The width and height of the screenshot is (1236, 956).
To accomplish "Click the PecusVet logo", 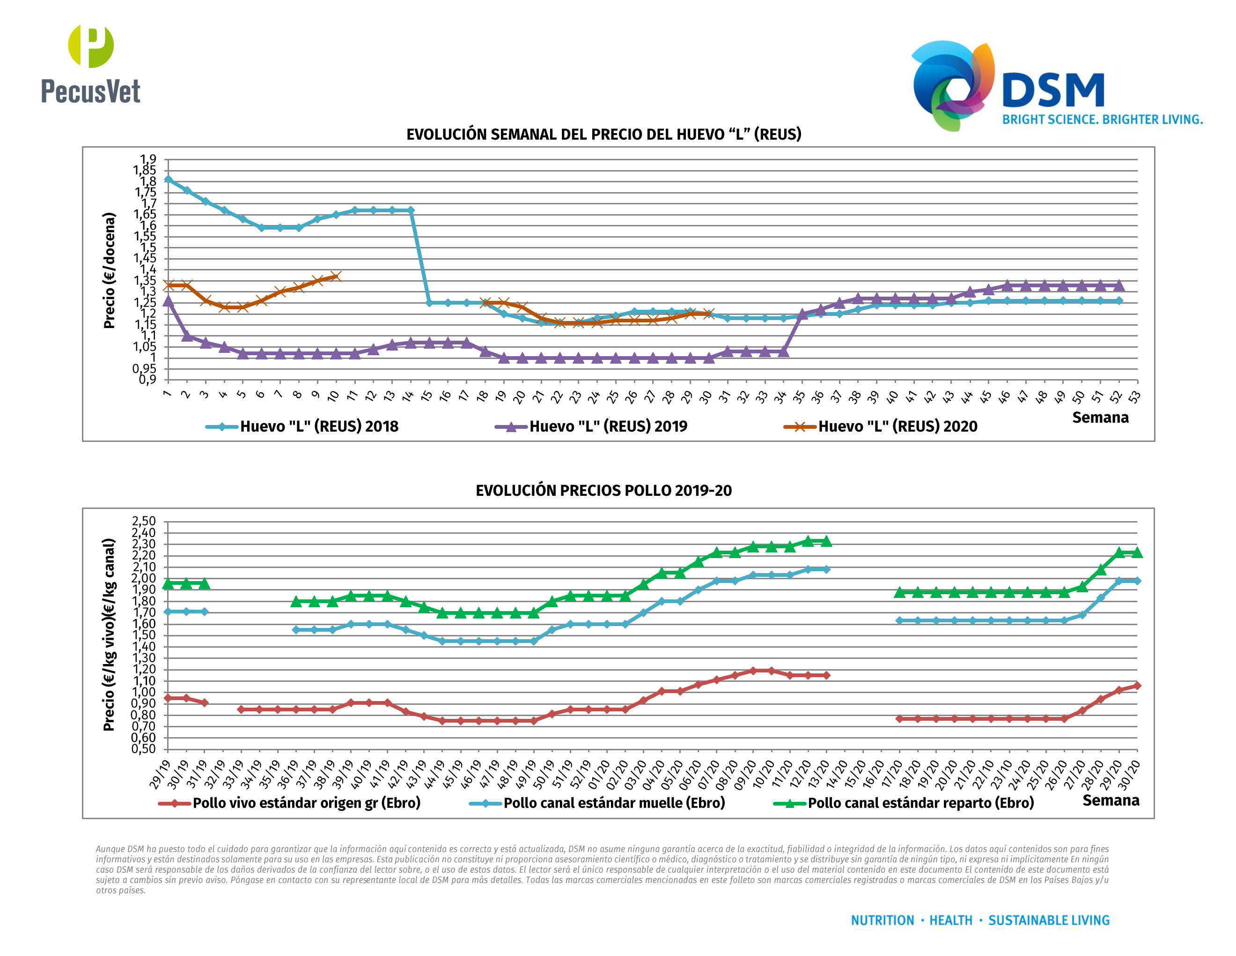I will coord(90,64).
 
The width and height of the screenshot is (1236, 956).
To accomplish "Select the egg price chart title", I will coord(603,134).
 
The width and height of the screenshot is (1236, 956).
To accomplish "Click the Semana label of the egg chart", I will coord(1100,418).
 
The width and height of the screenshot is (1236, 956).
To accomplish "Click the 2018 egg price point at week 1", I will coord(168,179).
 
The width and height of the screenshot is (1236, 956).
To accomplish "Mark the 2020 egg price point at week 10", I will coord(336,276).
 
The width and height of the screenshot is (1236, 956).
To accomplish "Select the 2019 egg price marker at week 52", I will coord(1118,285).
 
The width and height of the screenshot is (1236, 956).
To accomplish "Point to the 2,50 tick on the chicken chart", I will coord(143,521).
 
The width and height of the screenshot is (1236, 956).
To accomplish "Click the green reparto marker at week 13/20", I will coord(826,541).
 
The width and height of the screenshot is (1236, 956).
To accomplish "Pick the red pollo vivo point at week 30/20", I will coord(1137,685).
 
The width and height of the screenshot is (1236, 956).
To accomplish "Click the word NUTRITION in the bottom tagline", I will coord(883,920).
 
